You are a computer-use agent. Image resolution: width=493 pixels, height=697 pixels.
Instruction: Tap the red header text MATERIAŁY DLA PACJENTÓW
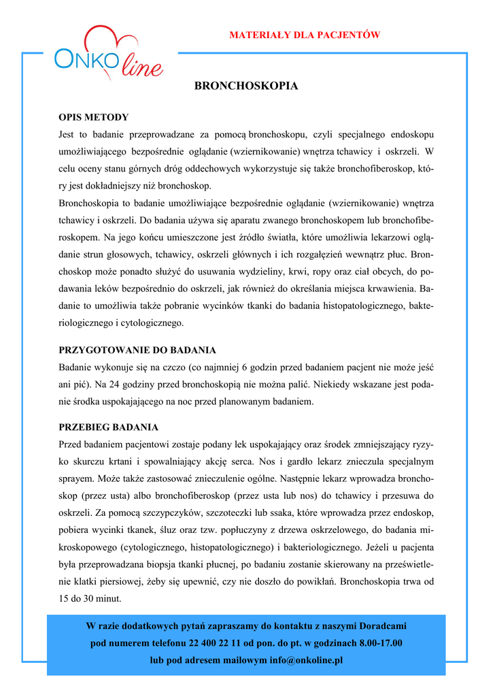coord(304,35)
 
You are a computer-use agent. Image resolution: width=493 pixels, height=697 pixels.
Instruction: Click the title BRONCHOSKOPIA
coord(246,86)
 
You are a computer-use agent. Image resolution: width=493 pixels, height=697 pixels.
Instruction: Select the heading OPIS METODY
coord(93,117)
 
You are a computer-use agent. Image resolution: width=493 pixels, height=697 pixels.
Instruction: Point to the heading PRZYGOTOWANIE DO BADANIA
coord(137,351)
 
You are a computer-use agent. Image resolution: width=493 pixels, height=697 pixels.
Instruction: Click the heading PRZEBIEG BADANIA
coord(108,427)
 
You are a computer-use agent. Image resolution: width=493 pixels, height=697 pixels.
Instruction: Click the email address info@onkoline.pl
coord(306,660)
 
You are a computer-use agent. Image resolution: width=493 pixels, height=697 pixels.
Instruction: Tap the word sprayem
coord(76,479)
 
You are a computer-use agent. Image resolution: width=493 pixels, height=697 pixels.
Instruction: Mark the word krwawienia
coord(392,289)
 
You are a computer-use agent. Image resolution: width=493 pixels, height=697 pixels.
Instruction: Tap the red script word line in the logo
coord(142,67)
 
